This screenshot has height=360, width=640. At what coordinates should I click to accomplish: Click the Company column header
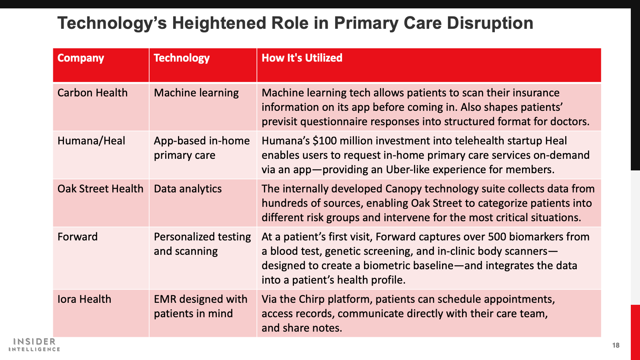coord(80,58)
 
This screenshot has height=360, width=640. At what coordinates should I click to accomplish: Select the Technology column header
coord(182,58)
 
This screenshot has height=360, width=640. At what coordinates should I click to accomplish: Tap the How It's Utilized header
coord(302,58)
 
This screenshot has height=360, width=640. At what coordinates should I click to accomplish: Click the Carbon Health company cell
coord(92,93)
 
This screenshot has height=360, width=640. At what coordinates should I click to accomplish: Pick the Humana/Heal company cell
coord(91,141)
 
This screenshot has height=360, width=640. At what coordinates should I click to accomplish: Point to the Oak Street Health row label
coord(100,189)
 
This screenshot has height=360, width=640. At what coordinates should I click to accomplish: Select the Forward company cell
coord(78,237)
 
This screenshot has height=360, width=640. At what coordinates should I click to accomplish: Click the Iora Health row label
coord(84,299)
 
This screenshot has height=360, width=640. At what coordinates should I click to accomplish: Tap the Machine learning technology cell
coord(196,93)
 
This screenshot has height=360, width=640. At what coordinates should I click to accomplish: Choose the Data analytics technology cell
coord(188,189)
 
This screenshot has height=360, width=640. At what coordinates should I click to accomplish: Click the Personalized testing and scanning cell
coord(202,244)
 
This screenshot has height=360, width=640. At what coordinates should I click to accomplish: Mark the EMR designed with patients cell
coord(200,306)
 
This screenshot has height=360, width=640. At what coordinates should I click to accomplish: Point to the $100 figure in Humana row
coord(324,141)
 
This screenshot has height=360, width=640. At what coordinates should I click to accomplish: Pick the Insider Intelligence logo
coord(34,344)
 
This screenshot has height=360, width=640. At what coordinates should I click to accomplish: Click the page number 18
coord(616,346)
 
